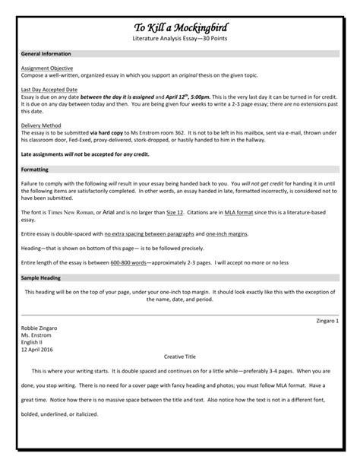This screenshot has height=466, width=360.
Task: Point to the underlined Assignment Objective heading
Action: pyautogui.click(x=47, y=67)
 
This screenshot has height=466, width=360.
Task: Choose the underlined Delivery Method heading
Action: pyautogui.click(x=42, y=125)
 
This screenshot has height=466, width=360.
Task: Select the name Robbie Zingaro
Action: pyautogui.click(x=39, y=328)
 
